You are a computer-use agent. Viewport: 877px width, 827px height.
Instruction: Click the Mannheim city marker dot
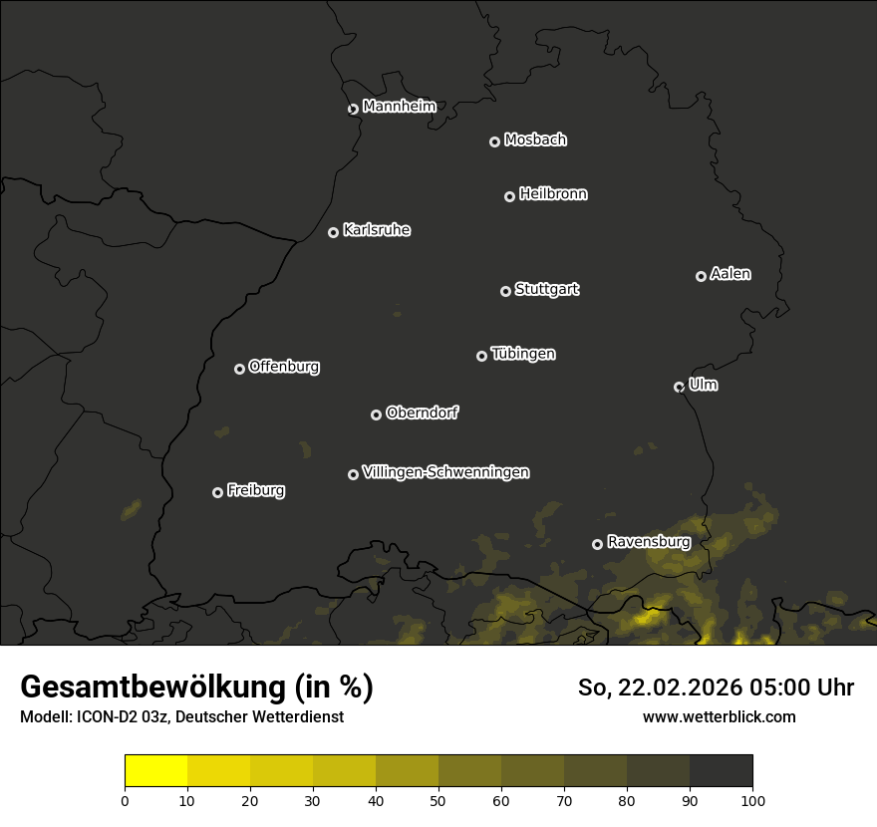pos(353,110)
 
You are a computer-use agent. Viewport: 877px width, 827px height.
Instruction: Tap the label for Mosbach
pos(535,140)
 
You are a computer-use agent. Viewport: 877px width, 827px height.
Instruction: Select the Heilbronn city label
pos(553,194)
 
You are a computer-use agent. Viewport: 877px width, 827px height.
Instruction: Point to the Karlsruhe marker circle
pos(333,232)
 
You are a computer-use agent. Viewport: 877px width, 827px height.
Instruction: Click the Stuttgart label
pos(546,290)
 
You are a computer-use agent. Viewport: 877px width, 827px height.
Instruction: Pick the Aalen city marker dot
pos(701,276)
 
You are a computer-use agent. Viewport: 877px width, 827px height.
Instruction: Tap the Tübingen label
pos(523,354)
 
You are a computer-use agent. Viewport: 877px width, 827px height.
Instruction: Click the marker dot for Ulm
pos(679,387)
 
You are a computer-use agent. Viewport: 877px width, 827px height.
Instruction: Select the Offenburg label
pos(284,367)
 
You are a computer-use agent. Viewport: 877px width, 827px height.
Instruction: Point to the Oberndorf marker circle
pos(376,414)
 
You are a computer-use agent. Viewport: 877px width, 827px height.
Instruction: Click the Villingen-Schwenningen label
pos(445,472)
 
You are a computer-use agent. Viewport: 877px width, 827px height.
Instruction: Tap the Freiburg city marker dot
pos(217,492)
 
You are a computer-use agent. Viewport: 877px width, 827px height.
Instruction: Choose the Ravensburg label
pos(649,542)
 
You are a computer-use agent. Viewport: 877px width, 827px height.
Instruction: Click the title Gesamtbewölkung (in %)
pos(196,688)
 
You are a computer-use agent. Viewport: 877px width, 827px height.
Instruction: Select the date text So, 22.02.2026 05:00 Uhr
pos(716,688)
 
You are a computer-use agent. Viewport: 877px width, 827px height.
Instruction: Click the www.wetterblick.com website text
pos(719,716)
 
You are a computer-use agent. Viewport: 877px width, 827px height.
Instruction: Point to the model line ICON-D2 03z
pos(181,716)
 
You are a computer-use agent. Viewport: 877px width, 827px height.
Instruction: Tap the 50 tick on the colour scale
pos(438,800)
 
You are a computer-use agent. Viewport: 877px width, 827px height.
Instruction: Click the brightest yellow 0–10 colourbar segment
pos(156,771)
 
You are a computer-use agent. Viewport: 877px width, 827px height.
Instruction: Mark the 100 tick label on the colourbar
pos(752,800)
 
